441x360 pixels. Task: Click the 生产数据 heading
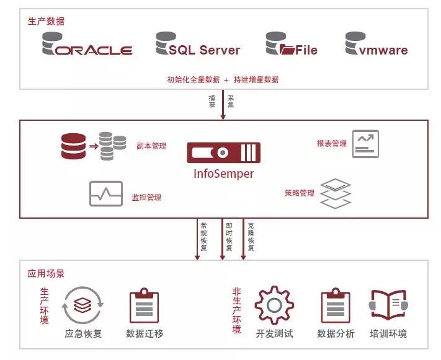point(45,21)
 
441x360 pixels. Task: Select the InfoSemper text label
point(224,174)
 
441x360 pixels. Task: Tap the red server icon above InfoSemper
point(224,152)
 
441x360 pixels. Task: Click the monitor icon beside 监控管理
point(106,193)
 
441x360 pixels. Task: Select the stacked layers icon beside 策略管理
point(335,194)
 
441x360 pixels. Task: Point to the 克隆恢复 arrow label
point(251,235)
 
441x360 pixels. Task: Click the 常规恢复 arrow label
point(203,235)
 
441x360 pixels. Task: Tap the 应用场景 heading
point(45,273)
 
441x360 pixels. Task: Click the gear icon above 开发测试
point(274,304)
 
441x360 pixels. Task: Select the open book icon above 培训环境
point(388,305)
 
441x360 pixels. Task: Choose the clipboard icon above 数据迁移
point(145,305)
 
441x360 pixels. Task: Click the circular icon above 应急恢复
point(82,305)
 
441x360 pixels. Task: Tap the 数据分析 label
point(336,334)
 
